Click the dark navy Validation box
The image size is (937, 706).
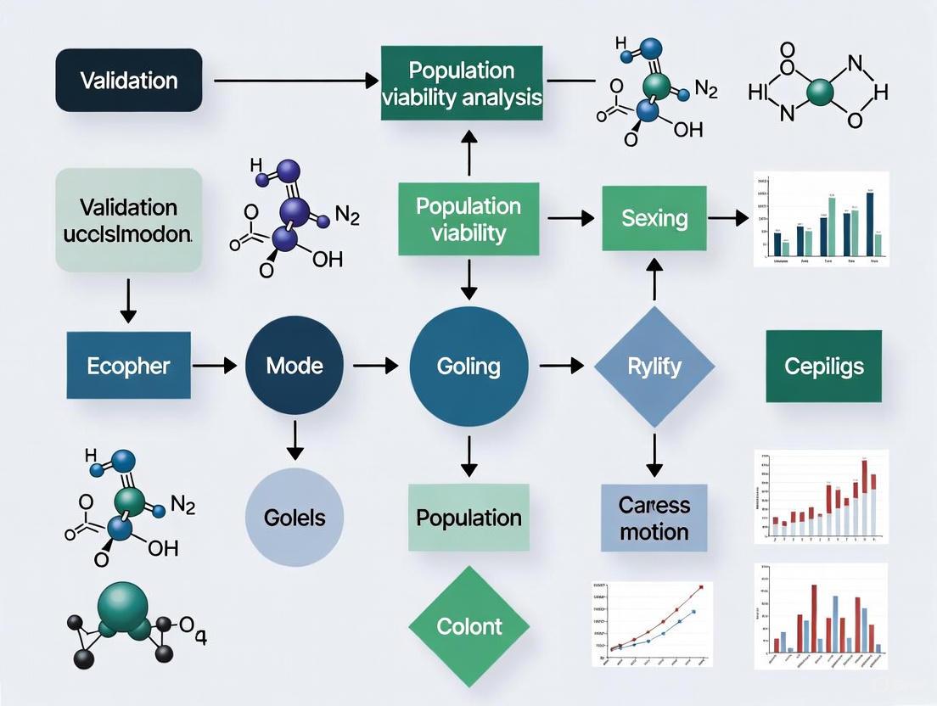tap(129, 81)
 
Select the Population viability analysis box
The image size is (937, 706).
tap(462, 82)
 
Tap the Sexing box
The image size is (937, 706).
tap(654, 218)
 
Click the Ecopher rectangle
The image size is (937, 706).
tap(128, 366)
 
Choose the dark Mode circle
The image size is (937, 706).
tap(295, 366)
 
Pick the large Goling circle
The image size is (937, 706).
tap(468, 366)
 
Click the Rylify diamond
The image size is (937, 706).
tap(654, 366)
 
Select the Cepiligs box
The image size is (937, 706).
tap(824, 366)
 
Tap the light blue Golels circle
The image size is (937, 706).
tap(295, 517)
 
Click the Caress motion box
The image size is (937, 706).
tap(654, 518)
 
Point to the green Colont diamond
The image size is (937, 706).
tap(468, 627)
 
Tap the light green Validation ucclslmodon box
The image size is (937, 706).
tap(129, 220)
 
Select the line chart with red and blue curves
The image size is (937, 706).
tap(651, 622)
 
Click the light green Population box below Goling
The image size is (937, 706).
tap(468, 517)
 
